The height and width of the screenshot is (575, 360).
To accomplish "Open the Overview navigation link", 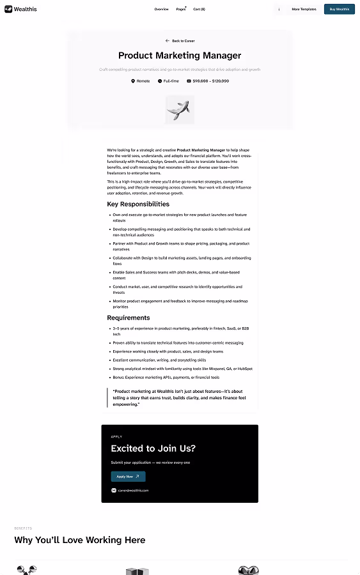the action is point(161,9).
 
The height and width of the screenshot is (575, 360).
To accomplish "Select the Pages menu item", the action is point(181,9).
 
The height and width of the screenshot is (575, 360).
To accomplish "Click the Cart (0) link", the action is point(199,9).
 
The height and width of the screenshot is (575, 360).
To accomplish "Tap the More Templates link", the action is point(304,9).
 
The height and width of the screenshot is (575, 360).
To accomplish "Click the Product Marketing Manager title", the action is point(180,56).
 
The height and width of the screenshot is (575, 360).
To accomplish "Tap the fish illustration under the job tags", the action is point(180,109).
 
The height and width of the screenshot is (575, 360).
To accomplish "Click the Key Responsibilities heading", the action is point(138,204).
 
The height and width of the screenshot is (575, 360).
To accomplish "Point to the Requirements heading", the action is point(129,318).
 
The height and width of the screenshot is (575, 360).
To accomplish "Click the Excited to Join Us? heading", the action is point(153,448).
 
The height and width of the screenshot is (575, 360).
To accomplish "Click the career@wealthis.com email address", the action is point(132,490).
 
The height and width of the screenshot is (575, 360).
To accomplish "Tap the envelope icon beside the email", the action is point(114,490).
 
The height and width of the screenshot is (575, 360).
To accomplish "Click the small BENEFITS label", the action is point(23,528).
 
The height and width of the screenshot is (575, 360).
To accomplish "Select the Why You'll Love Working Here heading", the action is point(80,540).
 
